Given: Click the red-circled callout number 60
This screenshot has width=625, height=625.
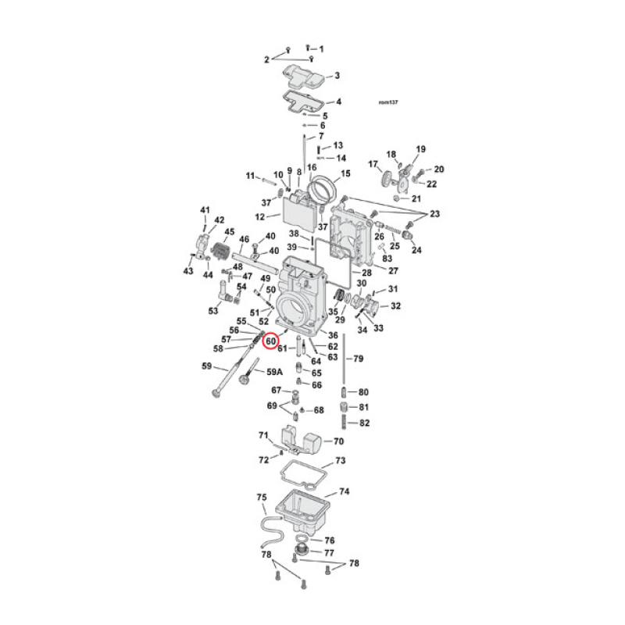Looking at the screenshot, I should [x=271, y=341].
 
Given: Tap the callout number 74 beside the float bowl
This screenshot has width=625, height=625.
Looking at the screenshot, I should [x=344, y=492].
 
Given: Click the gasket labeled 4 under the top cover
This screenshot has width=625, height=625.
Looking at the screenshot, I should [x=300, y=102].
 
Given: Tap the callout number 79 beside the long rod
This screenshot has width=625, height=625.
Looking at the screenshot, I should [x=359, y=359].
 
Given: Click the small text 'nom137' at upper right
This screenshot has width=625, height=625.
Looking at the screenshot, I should [x=388, y=102].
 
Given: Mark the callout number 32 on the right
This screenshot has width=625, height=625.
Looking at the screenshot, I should [x=395, y=305].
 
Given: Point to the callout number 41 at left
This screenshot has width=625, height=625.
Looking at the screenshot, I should [x=205, y=210].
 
